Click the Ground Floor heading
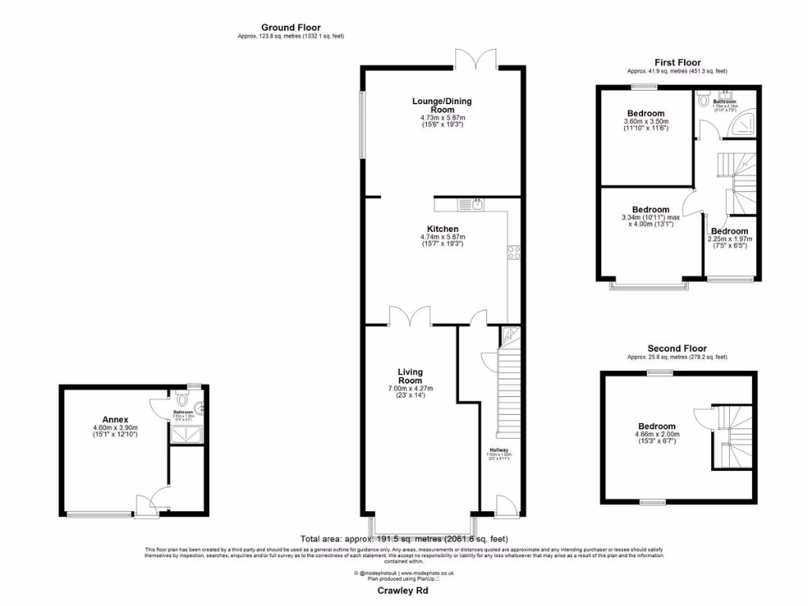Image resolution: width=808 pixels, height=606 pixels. tap(290, 28)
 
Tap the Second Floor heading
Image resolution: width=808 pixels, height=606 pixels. tap(676, 348)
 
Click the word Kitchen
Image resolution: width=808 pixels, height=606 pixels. tap(442, 229)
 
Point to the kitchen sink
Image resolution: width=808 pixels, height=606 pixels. tap(471, 205)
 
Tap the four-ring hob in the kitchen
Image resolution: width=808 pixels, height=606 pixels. tap(514, 253)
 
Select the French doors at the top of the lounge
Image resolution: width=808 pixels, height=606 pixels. tap(476, 60)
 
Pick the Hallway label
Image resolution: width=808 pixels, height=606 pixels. tap(499, 451)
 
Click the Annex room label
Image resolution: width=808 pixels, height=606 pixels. tap(115, 419)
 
